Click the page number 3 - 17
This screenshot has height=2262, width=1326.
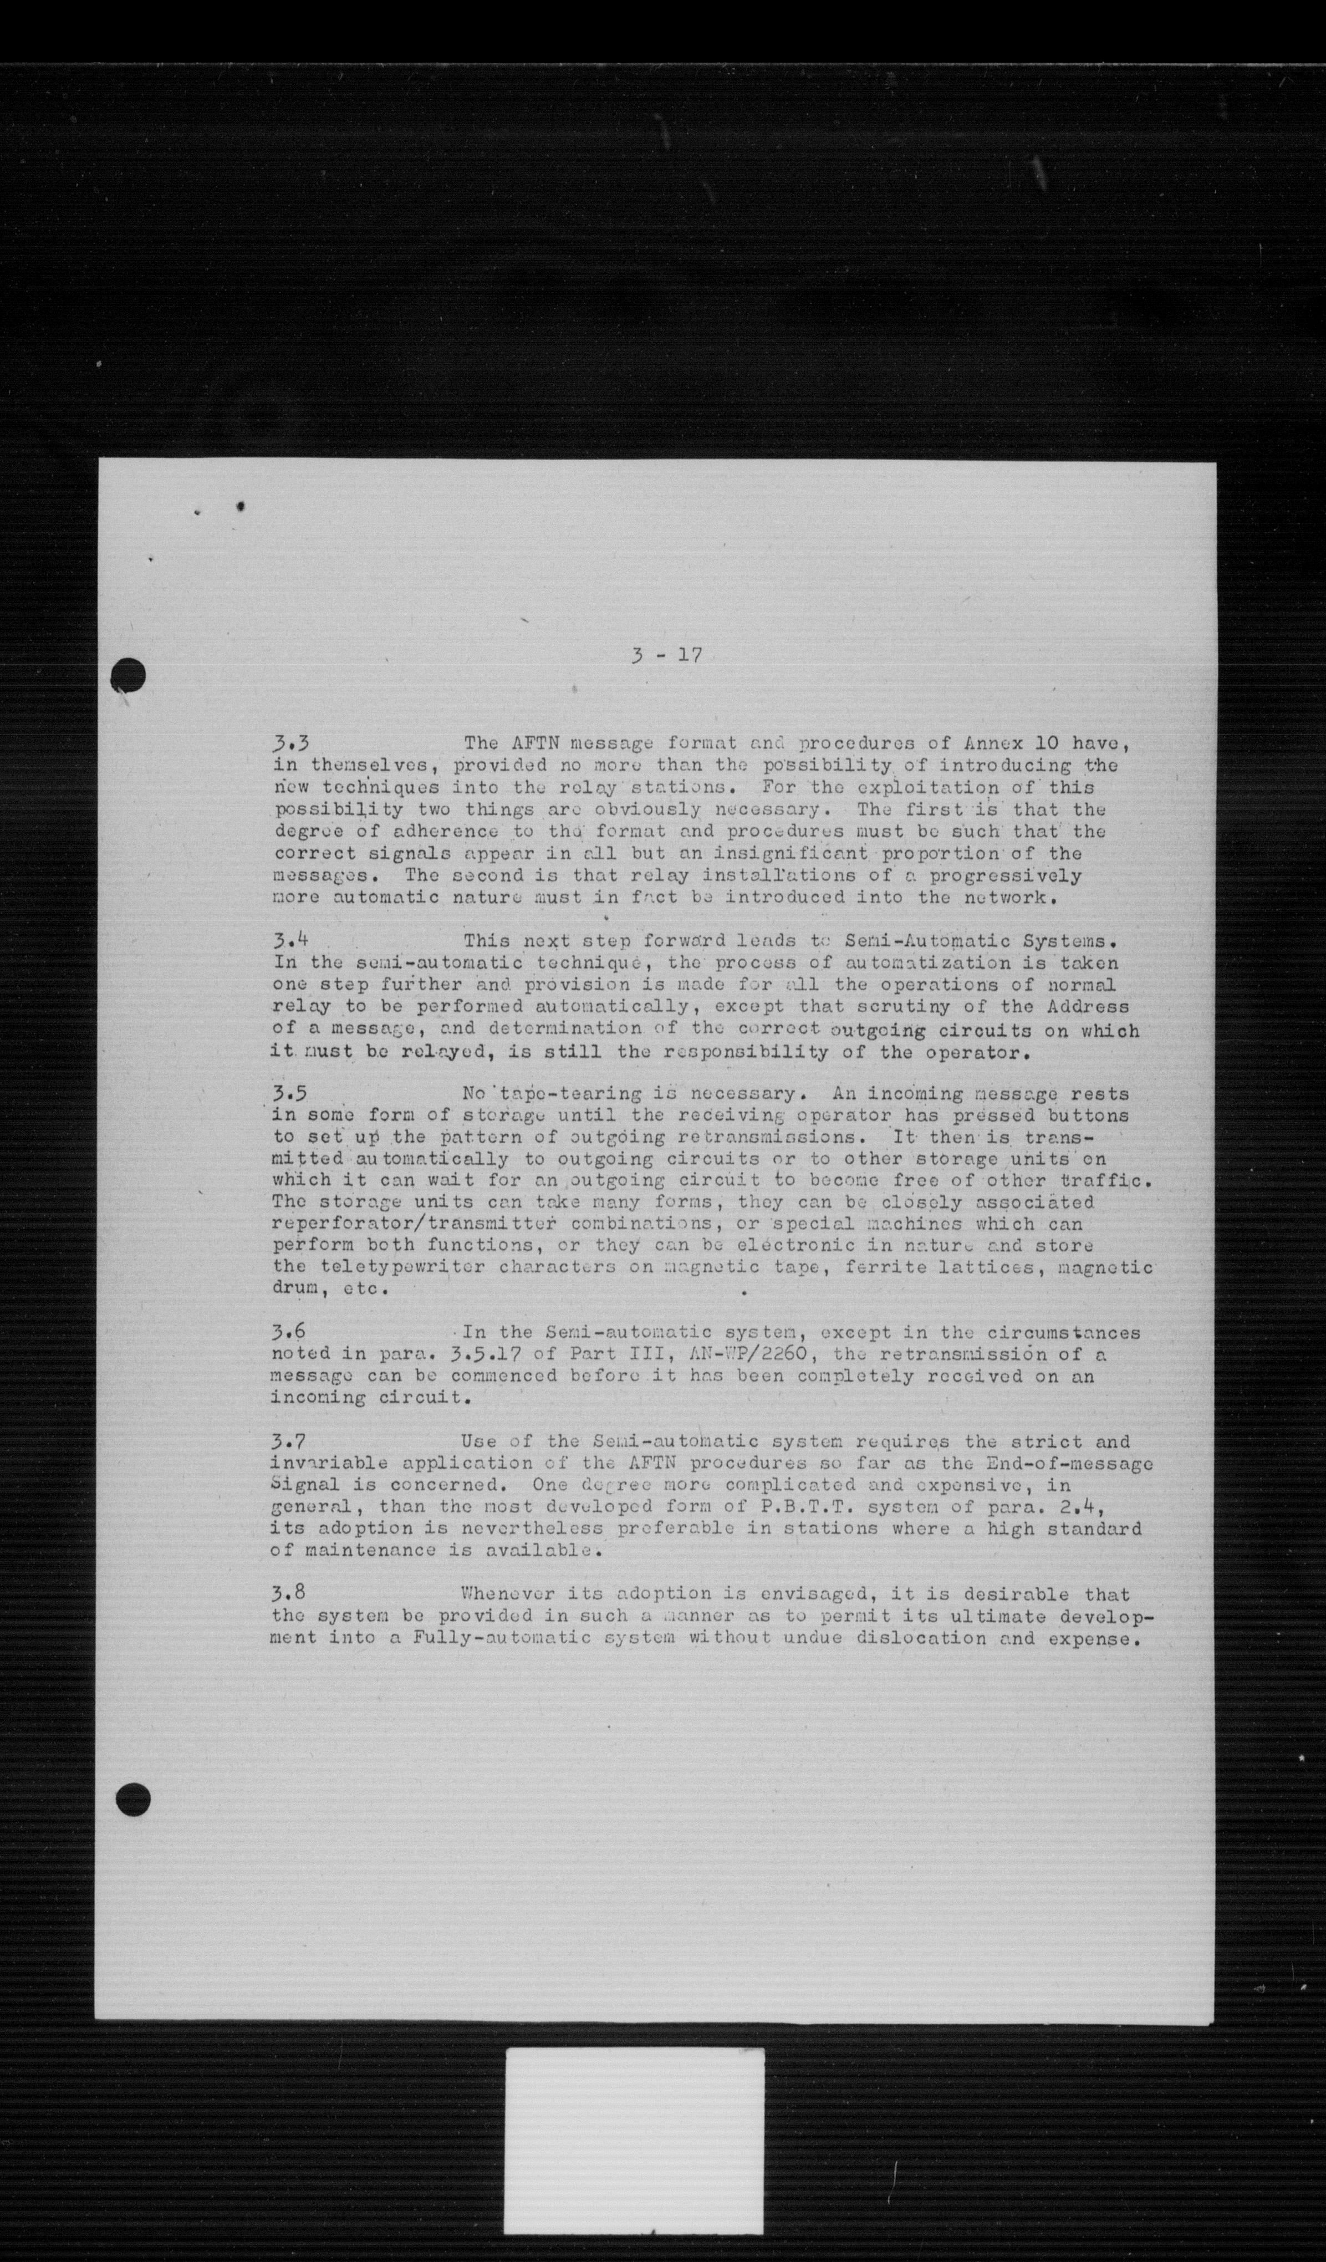(x=665, y=655)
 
